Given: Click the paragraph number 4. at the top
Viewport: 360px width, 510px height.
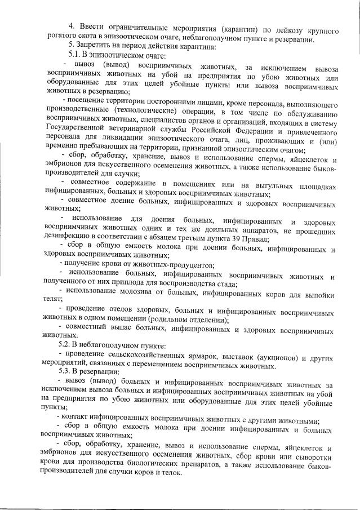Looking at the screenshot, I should [x=72, y=26].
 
